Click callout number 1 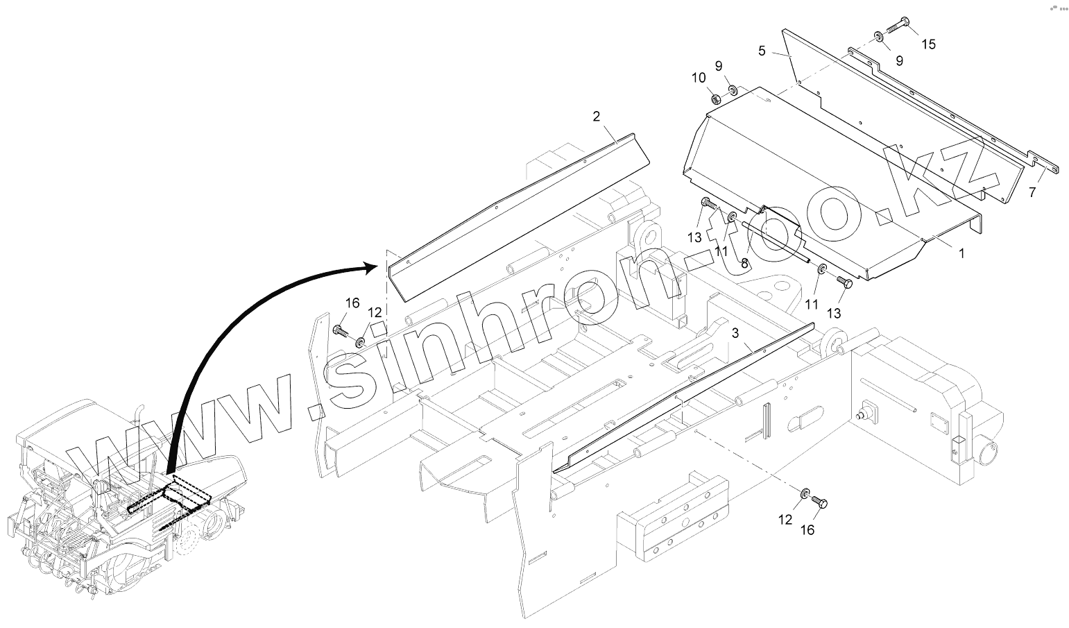961,254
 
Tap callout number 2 596,117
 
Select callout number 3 735,334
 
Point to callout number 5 762,51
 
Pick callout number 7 1032,192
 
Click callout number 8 744,264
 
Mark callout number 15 928,44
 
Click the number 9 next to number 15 899,60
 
